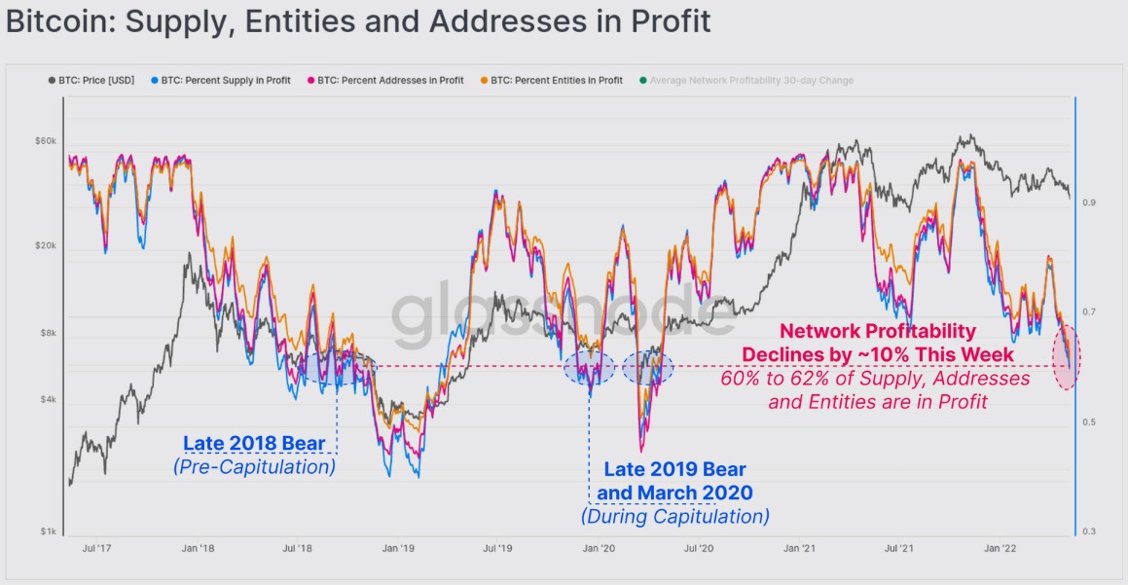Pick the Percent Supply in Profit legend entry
(x=225, y=80)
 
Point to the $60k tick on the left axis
(x=45, y=142)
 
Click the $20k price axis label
(x=45, y=246)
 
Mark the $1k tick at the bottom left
(x=47, y=531)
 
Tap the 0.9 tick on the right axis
(x=1090, y=202)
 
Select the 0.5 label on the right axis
(x=1090, y=421)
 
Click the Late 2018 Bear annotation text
(x=254, y=445)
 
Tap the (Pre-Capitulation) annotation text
(x=254, y=467)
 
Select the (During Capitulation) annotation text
(x=674, y=516)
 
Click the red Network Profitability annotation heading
(x=878, y=332)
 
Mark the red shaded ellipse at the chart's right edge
(x=1066, y=357)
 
